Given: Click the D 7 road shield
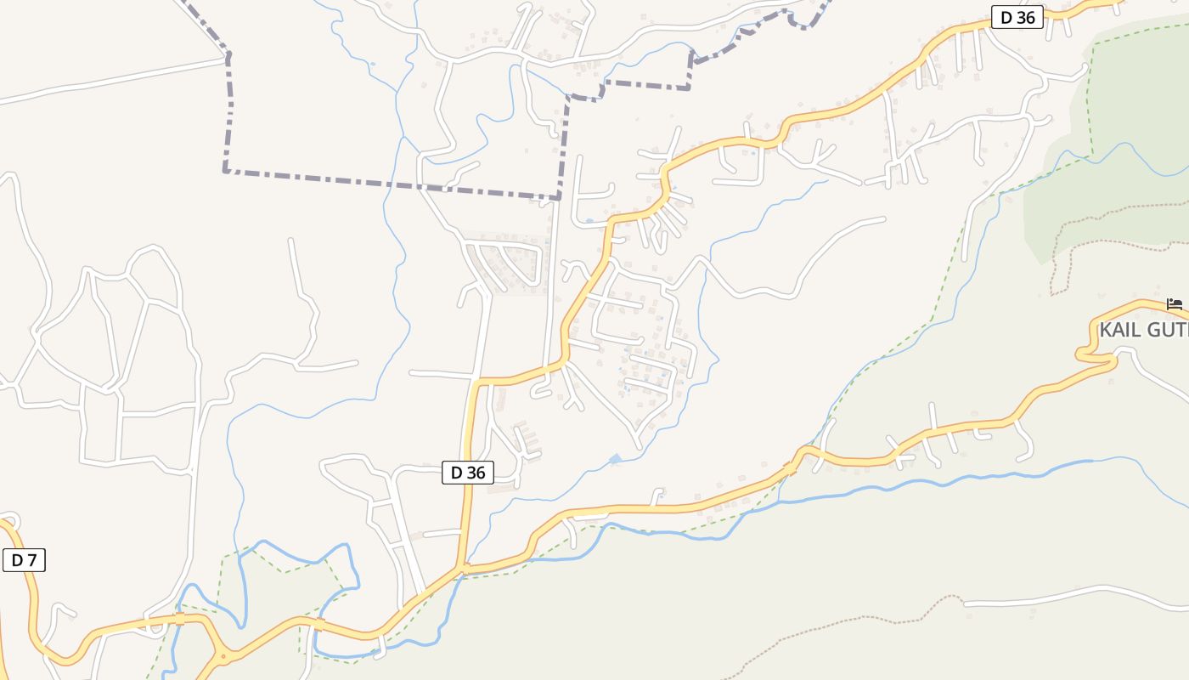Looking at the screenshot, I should (x=24, y=560).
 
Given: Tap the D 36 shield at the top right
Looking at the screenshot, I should (x=1017, y=17).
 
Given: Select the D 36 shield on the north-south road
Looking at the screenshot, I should (x=467, y=473).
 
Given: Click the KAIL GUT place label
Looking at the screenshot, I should (x=1143, y=330).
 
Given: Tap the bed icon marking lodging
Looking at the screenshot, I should (x=1175, y=303).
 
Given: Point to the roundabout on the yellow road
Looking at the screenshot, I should (x=224, y=656).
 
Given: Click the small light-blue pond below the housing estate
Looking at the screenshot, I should (x=615, y=460).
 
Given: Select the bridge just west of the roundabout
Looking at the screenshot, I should (x=179, y=619).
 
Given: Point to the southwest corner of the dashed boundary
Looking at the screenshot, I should (x=226, y=171).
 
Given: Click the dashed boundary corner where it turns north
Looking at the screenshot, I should (x=560, y=199).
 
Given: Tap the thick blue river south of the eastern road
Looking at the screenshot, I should (x=934, y=481).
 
